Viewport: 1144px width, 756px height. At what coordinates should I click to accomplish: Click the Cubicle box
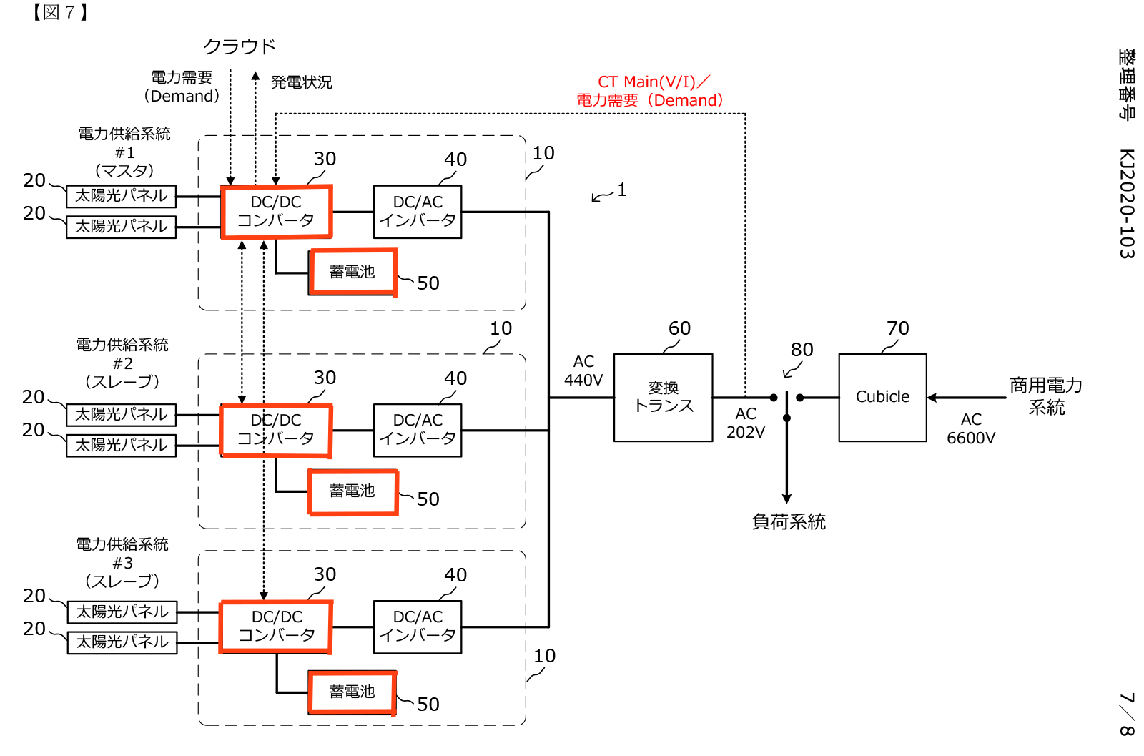coord(882,397)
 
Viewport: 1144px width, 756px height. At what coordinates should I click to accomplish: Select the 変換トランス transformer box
coord(663,397)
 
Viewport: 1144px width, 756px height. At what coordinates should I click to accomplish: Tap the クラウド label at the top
coord(240,46)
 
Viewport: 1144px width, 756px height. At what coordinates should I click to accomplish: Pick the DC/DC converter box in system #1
coord(276,212)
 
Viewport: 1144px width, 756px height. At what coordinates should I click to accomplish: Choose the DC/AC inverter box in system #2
coord(418,430)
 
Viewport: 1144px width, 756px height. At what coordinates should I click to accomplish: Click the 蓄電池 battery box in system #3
coord(352,692)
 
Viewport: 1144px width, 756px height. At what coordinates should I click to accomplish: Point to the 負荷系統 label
coord(789,522)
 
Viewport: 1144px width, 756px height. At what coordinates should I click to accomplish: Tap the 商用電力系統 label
coord(1046,396)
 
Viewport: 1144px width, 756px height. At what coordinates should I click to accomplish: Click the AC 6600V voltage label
coord(971,428)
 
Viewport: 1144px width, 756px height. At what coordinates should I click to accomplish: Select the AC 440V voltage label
coord(583,370)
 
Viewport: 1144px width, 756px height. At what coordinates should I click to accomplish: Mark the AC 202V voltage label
coord(746,423)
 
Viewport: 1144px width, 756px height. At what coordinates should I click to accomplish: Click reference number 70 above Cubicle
coord(898,328)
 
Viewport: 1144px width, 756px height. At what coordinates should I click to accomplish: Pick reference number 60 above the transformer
coord(679,328)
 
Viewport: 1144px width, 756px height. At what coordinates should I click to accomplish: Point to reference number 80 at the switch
coord(802,350)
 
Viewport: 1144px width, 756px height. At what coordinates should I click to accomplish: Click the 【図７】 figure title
coord(60,12)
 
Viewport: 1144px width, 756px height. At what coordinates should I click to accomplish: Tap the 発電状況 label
coord(302,82)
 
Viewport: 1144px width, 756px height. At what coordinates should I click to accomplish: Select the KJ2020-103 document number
coord(1127,204)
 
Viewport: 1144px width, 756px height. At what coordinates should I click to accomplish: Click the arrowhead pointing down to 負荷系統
coord(786,499)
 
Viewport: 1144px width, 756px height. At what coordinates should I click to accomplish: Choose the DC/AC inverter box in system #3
coord(418,627)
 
